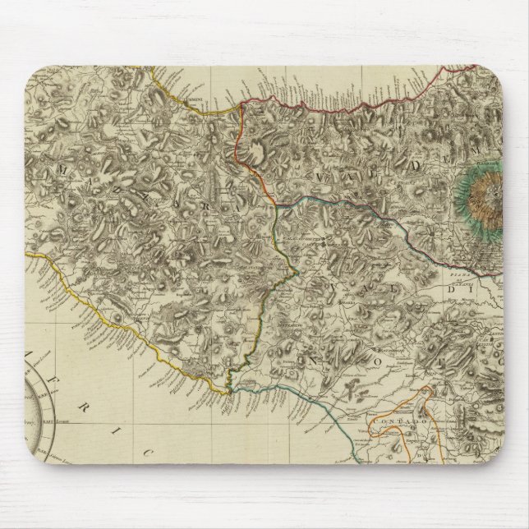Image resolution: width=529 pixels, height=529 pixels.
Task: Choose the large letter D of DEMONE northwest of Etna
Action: click(410, 165)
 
